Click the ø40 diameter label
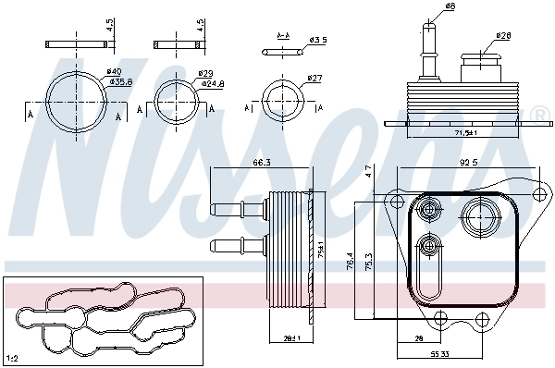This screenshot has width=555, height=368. click(x=114, y=72)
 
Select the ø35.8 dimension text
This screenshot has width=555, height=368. click(x=120, y=82)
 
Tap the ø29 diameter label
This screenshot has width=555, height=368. click(x=205, y=73)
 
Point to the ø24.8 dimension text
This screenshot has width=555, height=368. click(x=212, y=83)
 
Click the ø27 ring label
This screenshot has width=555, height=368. click(x=314, y=79)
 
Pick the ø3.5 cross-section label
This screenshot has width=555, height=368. click(x=317, y=40)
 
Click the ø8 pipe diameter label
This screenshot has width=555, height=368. click(x=450, y=7)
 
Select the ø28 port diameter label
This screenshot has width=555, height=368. click(x=502, y=36)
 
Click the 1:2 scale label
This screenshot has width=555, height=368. click(x=13, y=357)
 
